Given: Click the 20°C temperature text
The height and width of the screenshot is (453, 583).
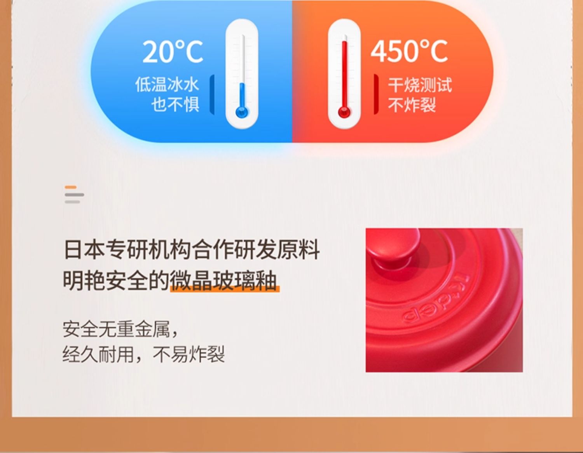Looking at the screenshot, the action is point(173,51).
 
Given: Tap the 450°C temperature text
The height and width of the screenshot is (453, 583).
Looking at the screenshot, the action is point(409,51).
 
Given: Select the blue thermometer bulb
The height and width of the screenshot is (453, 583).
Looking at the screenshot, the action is point(242,112).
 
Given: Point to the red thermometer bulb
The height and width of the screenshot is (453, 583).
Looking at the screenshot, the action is point(344,112).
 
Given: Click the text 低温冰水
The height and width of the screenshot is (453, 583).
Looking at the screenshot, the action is point(167,84).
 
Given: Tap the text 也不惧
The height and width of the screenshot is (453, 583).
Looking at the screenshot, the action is point(175,104).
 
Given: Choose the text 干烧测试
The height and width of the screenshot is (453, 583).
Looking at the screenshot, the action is point(420,85).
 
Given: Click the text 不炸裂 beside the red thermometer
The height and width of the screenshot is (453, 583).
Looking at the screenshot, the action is point(412,105).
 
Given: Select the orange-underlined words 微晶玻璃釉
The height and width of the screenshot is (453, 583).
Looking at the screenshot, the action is point(224,281).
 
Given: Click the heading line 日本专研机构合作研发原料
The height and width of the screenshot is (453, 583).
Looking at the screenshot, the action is point(192,249).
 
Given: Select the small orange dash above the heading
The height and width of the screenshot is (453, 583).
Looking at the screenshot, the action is point(71,187).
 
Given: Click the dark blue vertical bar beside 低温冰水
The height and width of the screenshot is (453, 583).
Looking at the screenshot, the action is point(212,95).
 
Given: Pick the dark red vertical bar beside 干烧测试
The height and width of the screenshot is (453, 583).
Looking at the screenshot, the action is point(376,94).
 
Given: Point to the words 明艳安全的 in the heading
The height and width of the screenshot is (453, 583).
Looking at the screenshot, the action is point(116,281).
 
